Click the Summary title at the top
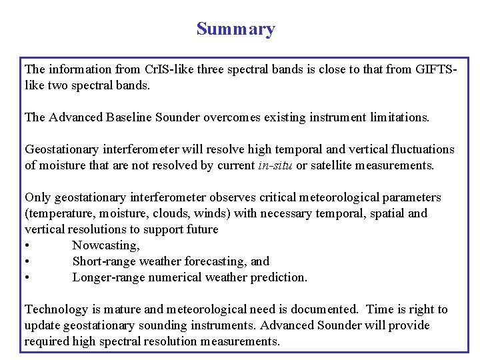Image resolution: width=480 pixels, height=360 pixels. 235,29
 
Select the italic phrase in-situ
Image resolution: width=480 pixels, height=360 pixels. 275,165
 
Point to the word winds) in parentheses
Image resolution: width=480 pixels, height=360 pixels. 206,213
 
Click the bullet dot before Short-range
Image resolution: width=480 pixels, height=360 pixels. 27,261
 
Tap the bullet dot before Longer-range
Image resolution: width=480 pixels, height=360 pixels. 27,277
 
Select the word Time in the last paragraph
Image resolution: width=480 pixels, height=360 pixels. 381,309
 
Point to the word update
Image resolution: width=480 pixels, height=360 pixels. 42,325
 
